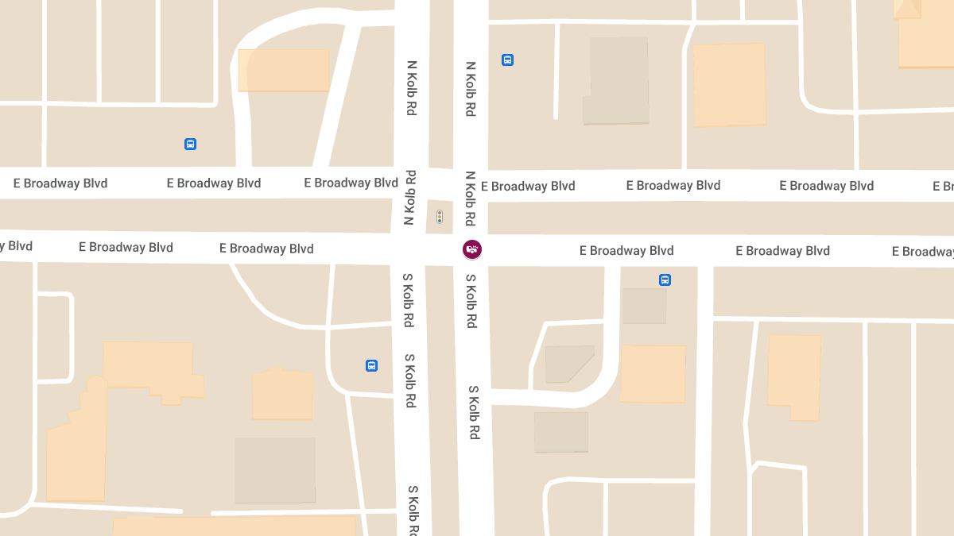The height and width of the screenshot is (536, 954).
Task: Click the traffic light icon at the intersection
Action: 440,217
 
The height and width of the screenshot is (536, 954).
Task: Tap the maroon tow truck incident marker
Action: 472,249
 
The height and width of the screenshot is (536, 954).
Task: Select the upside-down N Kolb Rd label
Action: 410,198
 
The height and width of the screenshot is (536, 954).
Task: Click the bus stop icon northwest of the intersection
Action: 190,144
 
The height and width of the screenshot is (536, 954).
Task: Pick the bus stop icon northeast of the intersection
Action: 507,60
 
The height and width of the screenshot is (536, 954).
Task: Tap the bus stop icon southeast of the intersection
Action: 665,280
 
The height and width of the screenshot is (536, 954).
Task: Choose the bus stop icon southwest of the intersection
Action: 371,365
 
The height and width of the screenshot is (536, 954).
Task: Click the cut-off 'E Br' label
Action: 943,187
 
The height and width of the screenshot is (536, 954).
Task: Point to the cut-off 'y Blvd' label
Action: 16,246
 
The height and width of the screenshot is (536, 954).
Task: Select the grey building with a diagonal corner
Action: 567,363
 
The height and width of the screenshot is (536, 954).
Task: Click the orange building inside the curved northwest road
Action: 283,70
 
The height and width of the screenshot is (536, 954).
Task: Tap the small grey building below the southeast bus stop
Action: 644,306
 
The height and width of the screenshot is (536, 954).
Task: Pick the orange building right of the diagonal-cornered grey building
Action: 653,373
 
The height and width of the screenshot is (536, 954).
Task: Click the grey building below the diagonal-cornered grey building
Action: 561,432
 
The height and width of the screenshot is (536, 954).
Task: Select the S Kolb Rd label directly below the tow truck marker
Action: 471,302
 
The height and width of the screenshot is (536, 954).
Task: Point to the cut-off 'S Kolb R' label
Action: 413,510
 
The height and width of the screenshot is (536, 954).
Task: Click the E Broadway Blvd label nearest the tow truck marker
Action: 626,251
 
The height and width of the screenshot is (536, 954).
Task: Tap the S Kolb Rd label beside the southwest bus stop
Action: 410,381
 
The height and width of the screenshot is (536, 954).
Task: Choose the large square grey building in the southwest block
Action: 274,470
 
